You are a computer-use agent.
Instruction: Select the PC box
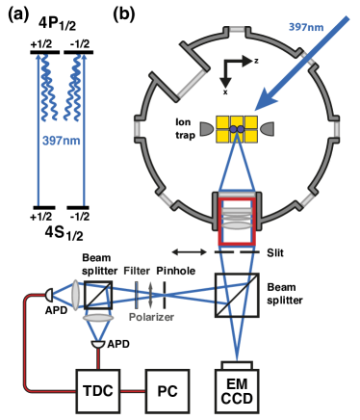coord(167,391)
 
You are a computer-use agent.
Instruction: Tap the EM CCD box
coord(236,391)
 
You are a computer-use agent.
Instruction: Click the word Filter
coord(137,271)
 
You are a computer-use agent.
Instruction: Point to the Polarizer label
coord(151,316)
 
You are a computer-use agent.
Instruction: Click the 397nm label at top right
coord(306,26)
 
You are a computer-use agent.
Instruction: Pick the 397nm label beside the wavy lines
coord(59,141)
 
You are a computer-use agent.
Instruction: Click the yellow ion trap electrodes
coord(236,129)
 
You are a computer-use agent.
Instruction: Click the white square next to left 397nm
coord(85,141)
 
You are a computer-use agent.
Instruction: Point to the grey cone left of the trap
coord(207,129)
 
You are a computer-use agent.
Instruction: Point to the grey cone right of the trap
coord(266,129)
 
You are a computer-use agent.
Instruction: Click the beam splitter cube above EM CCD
coord(236,296)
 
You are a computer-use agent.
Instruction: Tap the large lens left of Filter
coord(76,294)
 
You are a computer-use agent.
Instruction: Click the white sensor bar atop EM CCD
coord(236,365)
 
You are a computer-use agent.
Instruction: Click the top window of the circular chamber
coord(236,30)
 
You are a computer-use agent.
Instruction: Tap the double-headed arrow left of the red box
coord(189,251)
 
